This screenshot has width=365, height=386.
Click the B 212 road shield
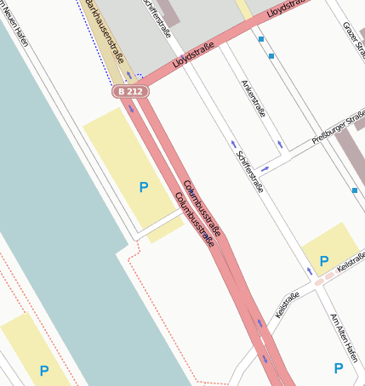pos(130,91)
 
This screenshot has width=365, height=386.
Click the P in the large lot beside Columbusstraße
pos(143,187)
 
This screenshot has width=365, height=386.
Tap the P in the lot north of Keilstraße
pos(323,260)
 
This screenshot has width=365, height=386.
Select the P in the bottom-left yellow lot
pos(43,370)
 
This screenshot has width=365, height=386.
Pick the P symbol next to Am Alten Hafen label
pos(339,368)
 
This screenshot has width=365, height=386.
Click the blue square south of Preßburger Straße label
pos(355,190)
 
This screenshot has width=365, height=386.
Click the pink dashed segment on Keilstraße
pos(324,277)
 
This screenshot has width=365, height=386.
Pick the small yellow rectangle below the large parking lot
pos(165,230)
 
